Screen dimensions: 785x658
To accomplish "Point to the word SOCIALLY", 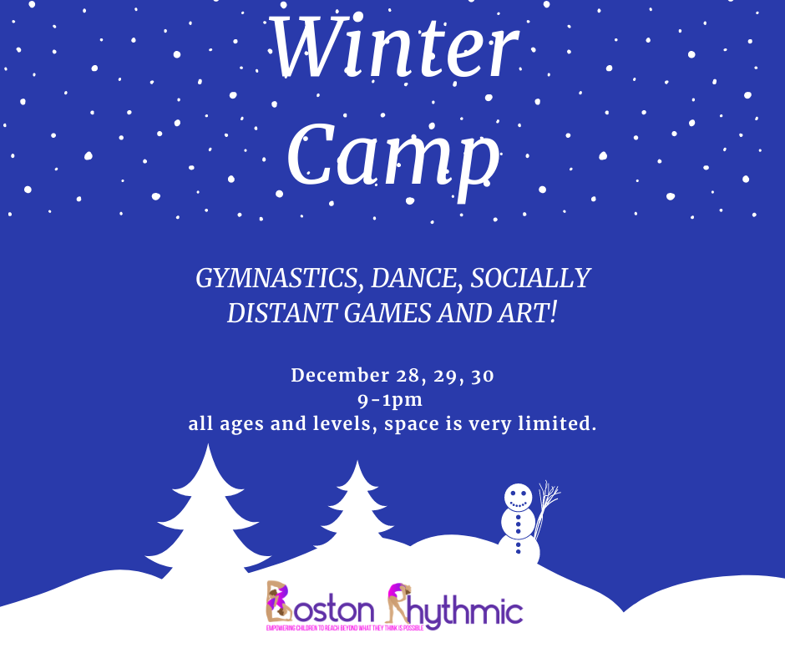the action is tap(530, 278).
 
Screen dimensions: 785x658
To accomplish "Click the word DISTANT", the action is tap(282, 313).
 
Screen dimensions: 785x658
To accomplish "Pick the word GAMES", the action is tap(387, 313).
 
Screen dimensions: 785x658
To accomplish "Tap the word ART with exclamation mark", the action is tap(527, 313).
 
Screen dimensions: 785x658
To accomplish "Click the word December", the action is tap(341, 376).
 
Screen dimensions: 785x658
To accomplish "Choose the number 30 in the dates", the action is tap(483, 376).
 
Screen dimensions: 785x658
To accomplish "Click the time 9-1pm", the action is tap(390, 401).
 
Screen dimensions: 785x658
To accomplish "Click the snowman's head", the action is tap(518, 497).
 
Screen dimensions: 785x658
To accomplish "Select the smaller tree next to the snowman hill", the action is tap(357, 506).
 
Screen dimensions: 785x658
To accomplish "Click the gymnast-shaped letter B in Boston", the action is tap(279, 602).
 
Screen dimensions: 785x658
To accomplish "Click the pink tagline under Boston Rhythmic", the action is tap(345, 628).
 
